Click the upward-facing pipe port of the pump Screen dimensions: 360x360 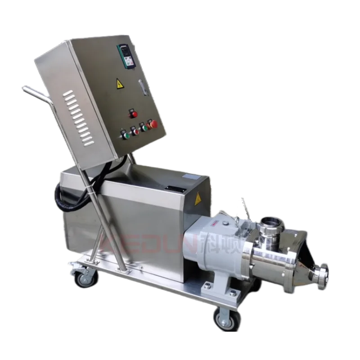271,222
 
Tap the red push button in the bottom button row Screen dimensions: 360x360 136,131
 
